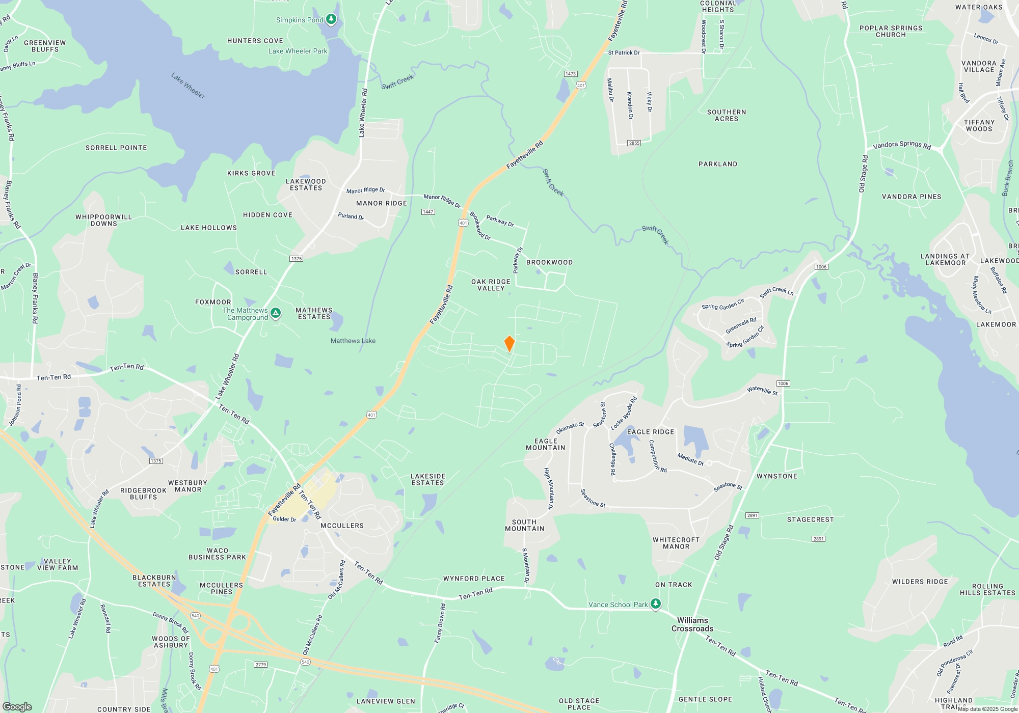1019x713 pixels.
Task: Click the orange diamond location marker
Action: pos(509,344)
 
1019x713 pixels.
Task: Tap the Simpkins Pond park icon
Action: pos(331,20)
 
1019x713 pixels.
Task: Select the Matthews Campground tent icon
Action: pos(276,313)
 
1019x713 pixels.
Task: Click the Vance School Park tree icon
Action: pos(656,605)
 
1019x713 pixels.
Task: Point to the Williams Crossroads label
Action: pos(692,624)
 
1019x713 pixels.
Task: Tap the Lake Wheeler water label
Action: pos(188,86)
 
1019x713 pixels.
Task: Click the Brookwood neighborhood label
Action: pos(549,262)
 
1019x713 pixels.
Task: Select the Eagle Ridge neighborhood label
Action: pos(651,432)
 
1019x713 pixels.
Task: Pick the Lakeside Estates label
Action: pos(428,479)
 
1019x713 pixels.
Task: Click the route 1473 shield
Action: pos(571,74)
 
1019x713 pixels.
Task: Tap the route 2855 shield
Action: pos(634,143)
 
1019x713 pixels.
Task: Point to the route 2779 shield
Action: pos(260,665)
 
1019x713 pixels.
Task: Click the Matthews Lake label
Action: pos(353,341)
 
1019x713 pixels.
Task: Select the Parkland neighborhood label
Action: pos(718,164)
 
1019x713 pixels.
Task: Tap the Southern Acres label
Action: pos(727,115)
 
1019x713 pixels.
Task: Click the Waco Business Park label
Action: pos(218,554)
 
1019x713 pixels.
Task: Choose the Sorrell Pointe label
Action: pos(116,148)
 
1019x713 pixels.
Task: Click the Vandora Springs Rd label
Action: pos(902,145)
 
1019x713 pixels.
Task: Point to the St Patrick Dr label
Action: pos(624,52)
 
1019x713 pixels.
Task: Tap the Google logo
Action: pos(17,707)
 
